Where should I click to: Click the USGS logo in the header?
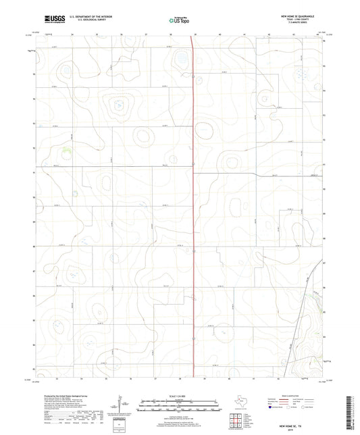click(54, 19)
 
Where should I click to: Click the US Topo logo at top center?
click(179, 21)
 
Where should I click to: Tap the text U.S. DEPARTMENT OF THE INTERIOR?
click(91, 16)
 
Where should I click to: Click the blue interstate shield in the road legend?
click(274, 408)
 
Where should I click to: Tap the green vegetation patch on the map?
click(67, 150)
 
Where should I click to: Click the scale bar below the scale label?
click(180, 402)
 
